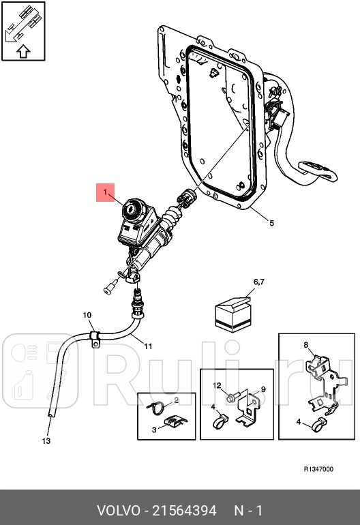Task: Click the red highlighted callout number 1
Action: (105, 192)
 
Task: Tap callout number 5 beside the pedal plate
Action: (271, 223)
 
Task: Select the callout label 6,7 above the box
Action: (259, 282)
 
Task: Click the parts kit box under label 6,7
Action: (233, 314)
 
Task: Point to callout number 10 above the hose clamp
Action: (87, 315)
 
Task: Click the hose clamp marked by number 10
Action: (95, 338)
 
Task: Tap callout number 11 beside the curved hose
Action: (148, 346)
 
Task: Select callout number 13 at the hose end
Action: (46, 441)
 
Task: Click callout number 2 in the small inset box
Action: (177, 400)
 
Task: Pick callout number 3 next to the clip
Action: (154, 430)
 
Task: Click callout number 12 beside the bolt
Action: (217, 386)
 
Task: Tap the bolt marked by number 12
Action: (233, 397)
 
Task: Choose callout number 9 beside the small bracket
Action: (264, 389)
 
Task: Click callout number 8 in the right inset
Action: (305, 345)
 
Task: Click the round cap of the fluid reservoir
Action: (132, 210)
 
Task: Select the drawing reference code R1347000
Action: (318, 469)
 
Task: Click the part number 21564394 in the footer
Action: (185, 511)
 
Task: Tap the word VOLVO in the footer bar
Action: (119, 511)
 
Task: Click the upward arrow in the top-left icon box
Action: (23, 51)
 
